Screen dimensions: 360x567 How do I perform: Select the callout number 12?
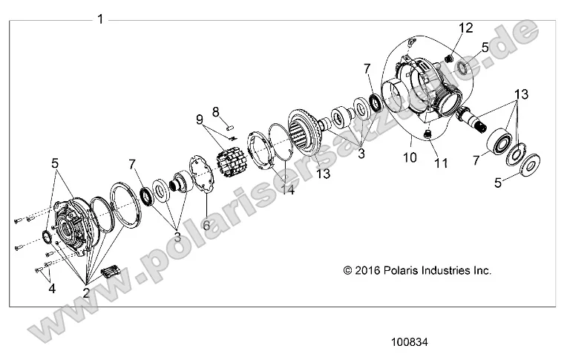tap(465, 28)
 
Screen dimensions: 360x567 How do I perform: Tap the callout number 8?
tap(216, 111)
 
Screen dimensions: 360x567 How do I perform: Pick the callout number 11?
tap(441, 163)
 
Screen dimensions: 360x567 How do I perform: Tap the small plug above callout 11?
tap(428, 134)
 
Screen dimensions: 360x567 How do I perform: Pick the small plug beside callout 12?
tap(449, 59)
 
